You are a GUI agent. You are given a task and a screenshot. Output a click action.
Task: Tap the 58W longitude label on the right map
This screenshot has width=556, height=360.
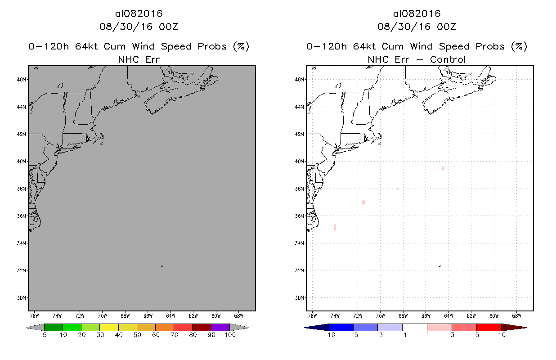[x=516, y=315]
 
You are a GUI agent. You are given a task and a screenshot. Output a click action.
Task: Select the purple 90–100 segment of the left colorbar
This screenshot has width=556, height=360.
[x=220, y=327]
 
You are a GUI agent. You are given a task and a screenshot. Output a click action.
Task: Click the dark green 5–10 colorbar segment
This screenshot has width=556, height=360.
[x=54, y=327]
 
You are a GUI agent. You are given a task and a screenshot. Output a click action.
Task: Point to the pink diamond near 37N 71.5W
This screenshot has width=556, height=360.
[x=363, y=202]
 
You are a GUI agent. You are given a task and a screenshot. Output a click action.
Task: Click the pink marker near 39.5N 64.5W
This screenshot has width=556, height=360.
[x=443, y=168]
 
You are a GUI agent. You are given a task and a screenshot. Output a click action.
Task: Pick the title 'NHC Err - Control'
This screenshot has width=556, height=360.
[x=417, y=59]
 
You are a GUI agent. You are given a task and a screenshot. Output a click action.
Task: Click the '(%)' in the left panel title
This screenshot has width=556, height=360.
[x=240, y=46]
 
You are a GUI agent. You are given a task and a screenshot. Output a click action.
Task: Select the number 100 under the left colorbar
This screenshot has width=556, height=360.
[x=229, y=335]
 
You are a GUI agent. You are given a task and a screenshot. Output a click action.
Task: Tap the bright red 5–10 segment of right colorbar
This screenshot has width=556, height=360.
[x=489, y=327]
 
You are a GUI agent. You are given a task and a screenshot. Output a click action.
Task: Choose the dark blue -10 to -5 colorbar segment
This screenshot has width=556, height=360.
[x=341, y=327]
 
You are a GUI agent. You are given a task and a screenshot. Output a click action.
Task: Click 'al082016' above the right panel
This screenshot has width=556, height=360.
[x=417, y=14]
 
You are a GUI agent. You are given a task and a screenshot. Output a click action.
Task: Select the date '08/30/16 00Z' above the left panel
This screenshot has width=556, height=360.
[x=139, y=27]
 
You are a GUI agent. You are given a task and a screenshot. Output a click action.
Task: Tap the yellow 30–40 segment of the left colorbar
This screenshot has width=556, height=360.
[x=109, y=327]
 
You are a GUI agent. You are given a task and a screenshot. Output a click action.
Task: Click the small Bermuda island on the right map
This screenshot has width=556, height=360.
[x=440, y=266]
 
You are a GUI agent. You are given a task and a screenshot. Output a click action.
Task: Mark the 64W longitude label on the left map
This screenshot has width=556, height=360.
[x=170, y=315]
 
